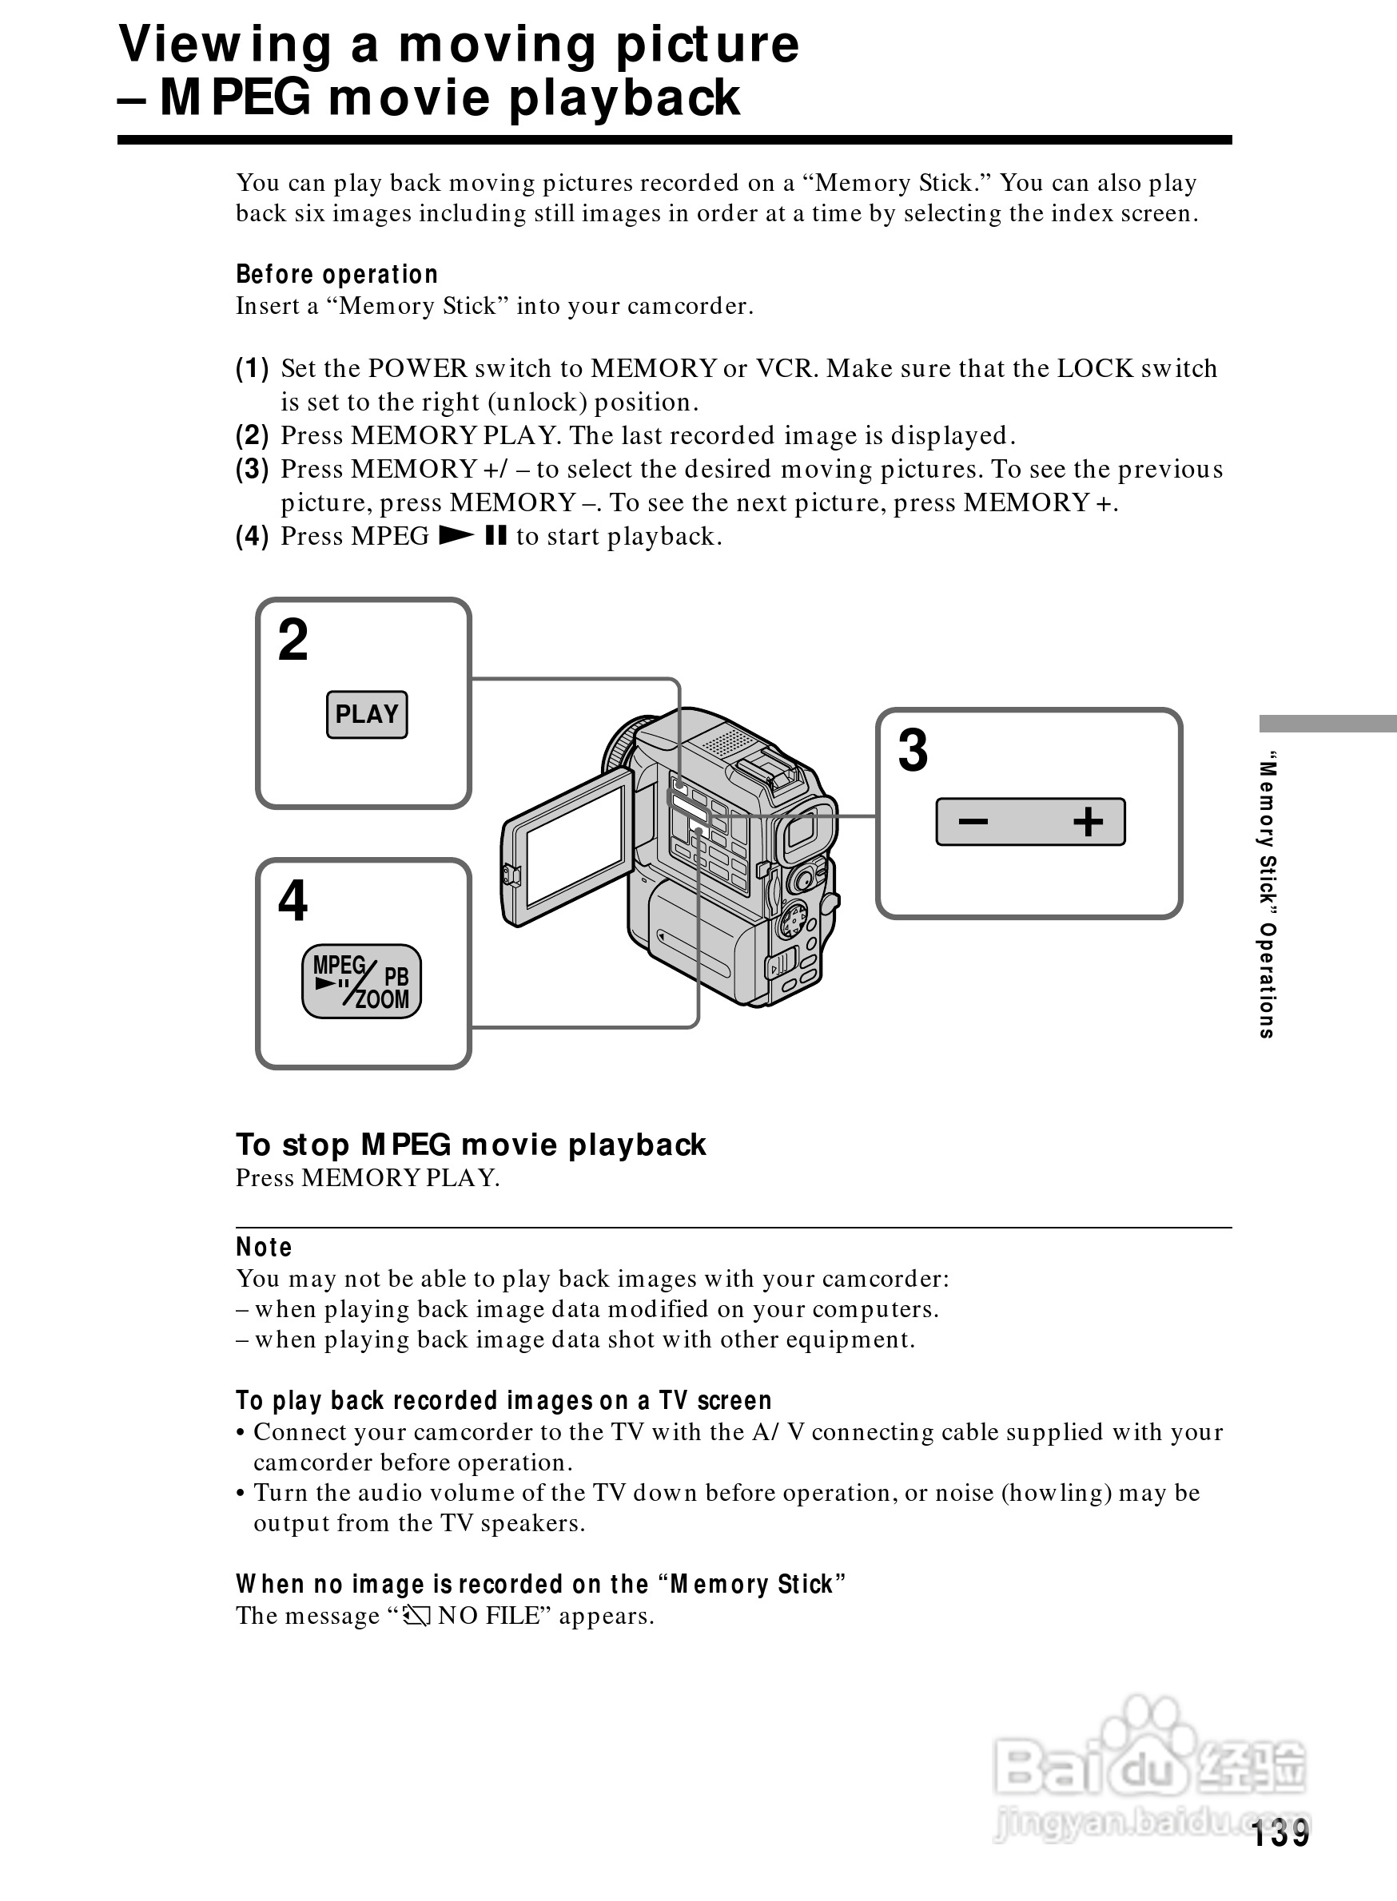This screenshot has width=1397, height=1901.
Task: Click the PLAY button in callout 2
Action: tap(366, 714)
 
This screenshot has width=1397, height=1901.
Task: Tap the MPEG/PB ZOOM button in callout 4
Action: tap(361, 982)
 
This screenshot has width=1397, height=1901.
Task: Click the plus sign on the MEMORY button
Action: tap(1088, 821)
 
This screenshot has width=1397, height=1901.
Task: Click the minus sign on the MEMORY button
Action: tap(973, 821)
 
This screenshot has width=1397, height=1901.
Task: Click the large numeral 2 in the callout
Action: tap(293, 640)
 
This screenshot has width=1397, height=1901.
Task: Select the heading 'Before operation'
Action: tap(336, 275)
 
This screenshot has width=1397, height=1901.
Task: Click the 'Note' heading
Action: tap(264, 1248)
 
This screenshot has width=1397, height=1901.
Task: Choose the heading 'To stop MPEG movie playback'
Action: tap(470, 1145)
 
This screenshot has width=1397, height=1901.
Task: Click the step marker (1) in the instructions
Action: tap(252, 368)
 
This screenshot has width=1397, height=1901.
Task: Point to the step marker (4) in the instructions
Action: tap(252, 537)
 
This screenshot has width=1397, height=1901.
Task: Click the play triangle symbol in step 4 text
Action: tap(456, 536)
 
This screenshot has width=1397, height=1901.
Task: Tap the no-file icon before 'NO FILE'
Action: tap(417, 1616)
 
